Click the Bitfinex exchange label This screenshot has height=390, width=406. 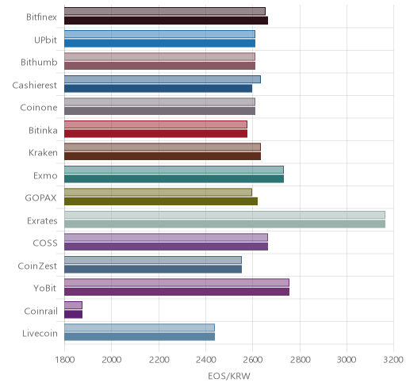coord(41,17)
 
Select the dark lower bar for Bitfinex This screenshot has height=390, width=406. coord(166,21)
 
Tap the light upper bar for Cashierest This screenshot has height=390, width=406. coord(163,79)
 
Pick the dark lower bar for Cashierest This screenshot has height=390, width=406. coord(158,88)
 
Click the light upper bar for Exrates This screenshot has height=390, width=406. coord(224,215)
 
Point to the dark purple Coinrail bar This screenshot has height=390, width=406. coord(73,314)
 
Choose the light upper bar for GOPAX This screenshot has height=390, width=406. coord(158,192)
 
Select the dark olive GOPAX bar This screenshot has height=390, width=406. coord(161,201)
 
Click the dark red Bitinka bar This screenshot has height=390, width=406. coord(155,133)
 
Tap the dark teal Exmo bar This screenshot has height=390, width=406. coord(174,178)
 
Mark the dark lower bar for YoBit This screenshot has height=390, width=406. coord(177,292)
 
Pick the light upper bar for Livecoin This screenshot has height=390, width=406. coord(140,327)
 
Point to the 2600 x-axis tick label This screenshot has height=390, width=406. coord(252,360)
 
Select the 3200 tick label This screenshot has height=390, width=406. coord(393,360)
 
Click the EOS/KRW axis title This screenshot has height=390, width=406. coord(229,376)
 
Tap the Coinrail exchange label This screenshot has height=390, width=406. coord(40,312)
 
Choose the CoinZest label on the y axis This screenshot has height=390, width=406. coord(37,266)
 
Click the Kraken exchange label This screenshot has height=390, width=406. coord(43,153)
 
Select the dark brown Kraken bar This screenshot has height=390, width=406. coord(163,156)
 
